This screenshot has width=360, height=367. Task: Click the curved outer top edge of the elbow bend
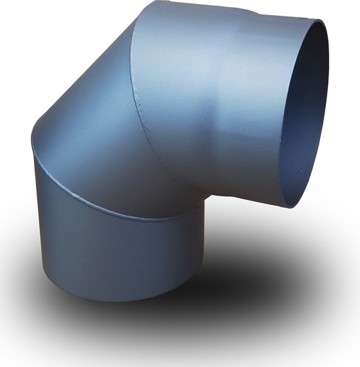[79, 85]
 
